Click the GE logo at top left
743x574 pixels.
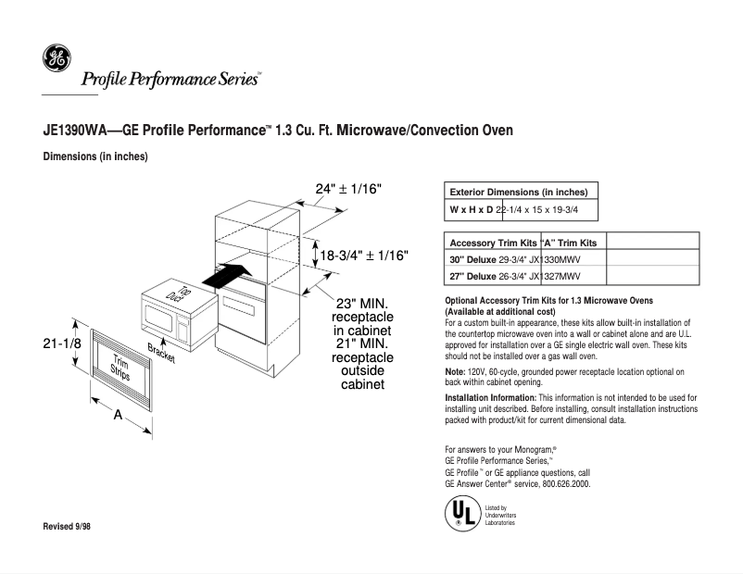pos(56,58)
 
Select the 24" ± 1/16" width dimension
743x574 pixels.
pos(348,189)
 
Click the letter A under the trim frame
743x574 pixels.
pos(119,416)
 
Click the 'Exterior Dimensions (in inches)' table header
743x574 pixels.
pos(522,192)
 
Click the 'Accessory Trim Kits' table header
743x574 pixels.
pos(491,243)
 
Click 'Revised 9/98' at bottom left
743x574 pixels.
pos(69,526)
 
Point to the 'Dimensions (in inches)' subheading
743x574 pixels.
pos(95,156)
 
